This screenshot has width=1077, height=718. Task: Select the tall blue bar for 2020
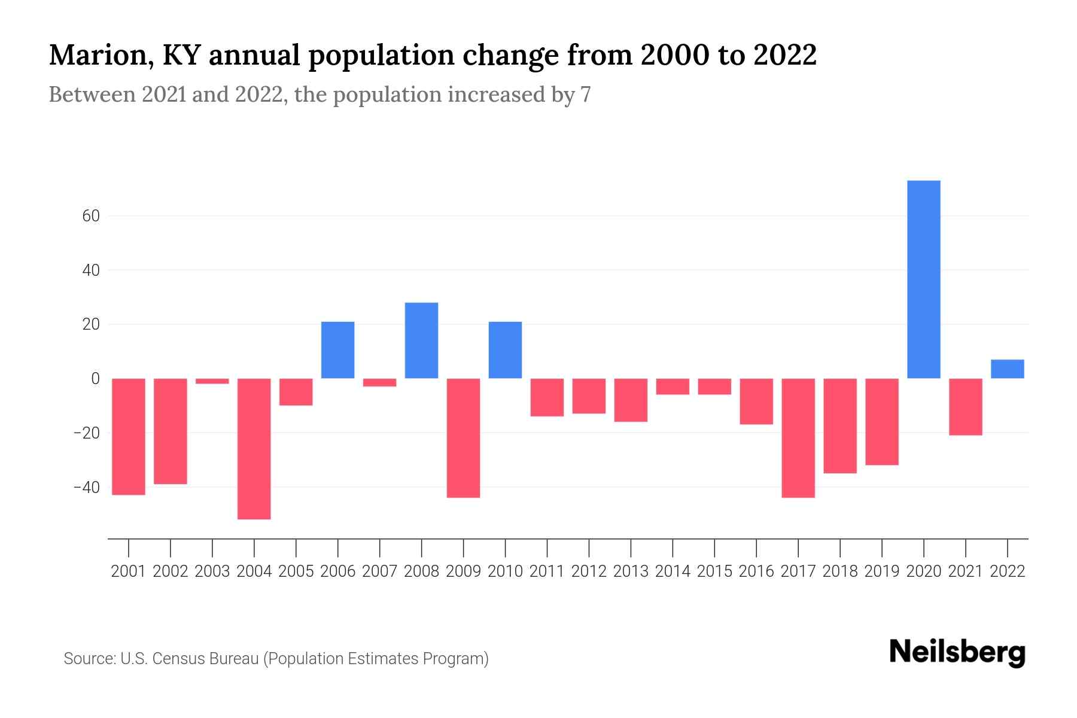click(923, 279)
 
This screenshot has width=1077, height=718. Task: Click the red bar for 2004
click(254, 449)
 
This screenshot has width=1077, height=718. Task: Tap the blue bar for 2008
click(421, 340)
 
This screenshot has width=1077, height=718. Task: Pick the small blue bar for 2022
click(1007, 369)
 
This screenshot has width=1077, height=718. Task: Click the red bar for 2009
click(464, 438)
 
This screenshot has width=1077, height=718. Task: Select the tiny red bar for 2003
click(212, 381)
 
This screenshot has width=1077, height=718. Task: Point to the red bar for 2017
click(798, 438)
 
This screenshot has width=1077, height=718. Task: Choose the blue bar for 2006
click(337, 350)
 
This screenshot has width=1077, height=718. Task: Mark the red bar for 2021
click(965, 407)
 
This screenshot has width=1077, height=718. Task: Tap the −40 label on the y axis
click(86, 487)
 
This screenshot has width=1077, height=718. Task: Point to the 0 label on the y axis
click(95, 379)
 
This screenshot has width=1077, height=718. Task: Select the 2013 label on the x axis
click(631, 571)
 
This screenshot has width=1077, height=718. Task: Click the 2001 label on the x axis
click(129, 571)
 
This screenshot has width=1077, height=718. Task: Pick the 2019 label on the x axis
click(882, 571)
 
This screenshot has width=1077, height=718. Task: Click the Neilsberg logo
click(957, 652)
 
